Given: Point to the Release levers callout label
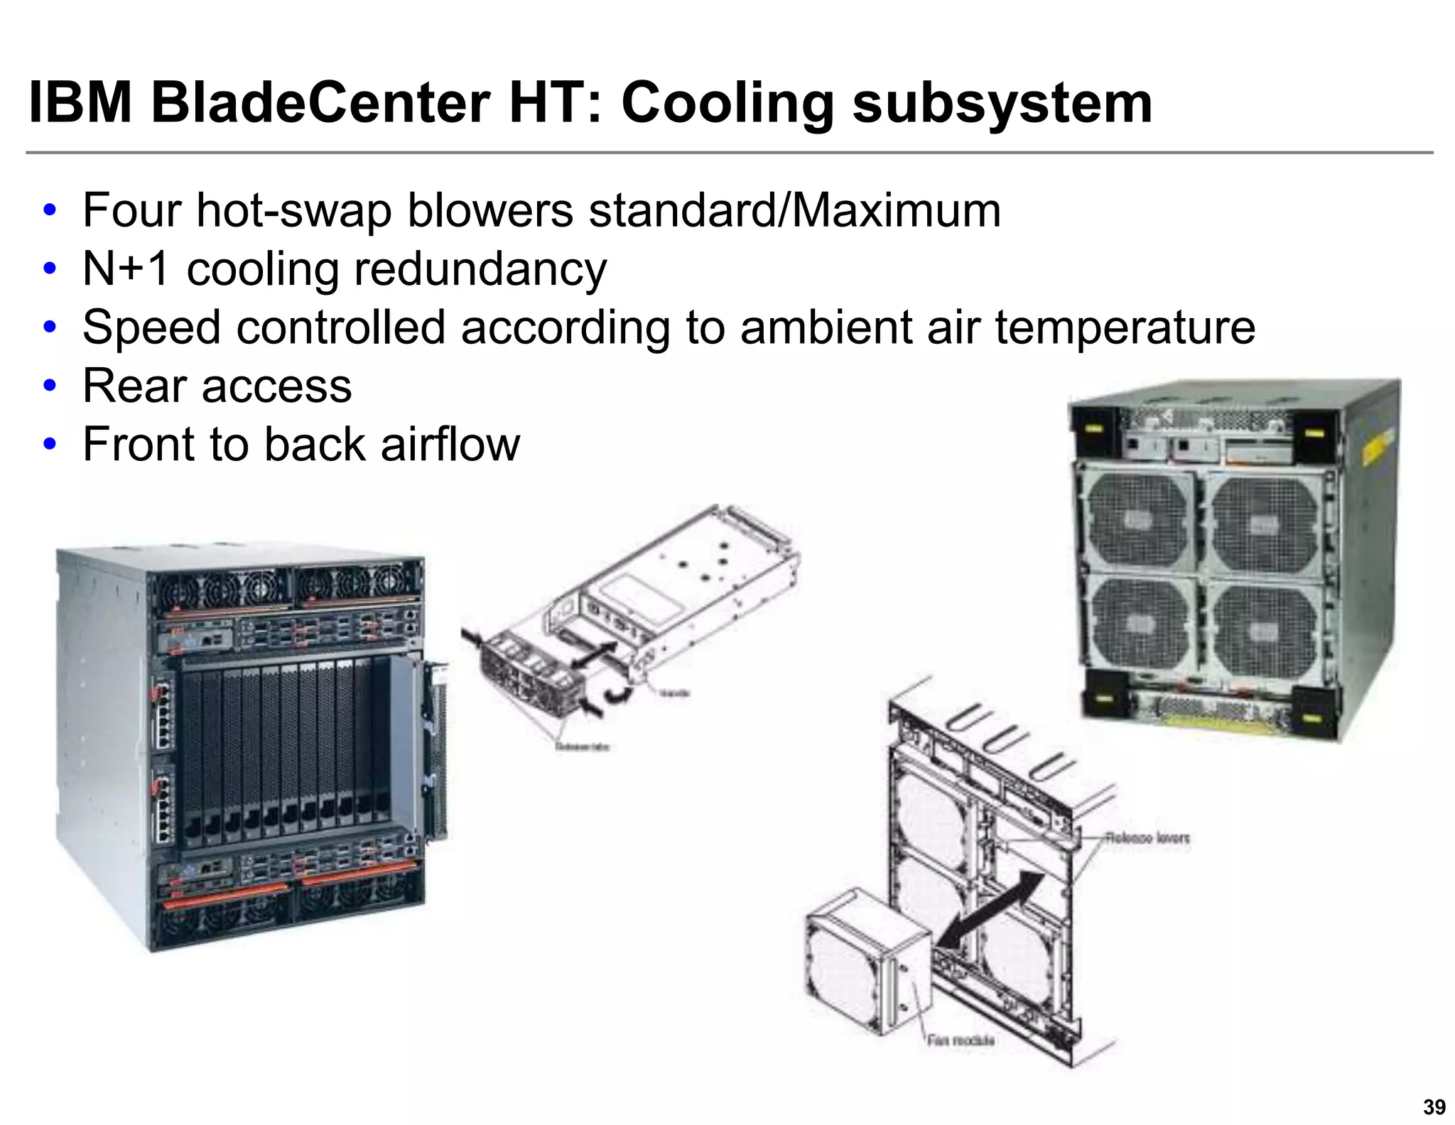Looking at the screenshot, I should click(1147, 838).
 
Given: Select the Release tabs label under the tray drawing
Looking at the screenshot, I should click(583, 746).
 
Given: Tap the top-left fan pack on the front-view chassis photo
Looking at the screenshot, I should click(220, 587).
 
